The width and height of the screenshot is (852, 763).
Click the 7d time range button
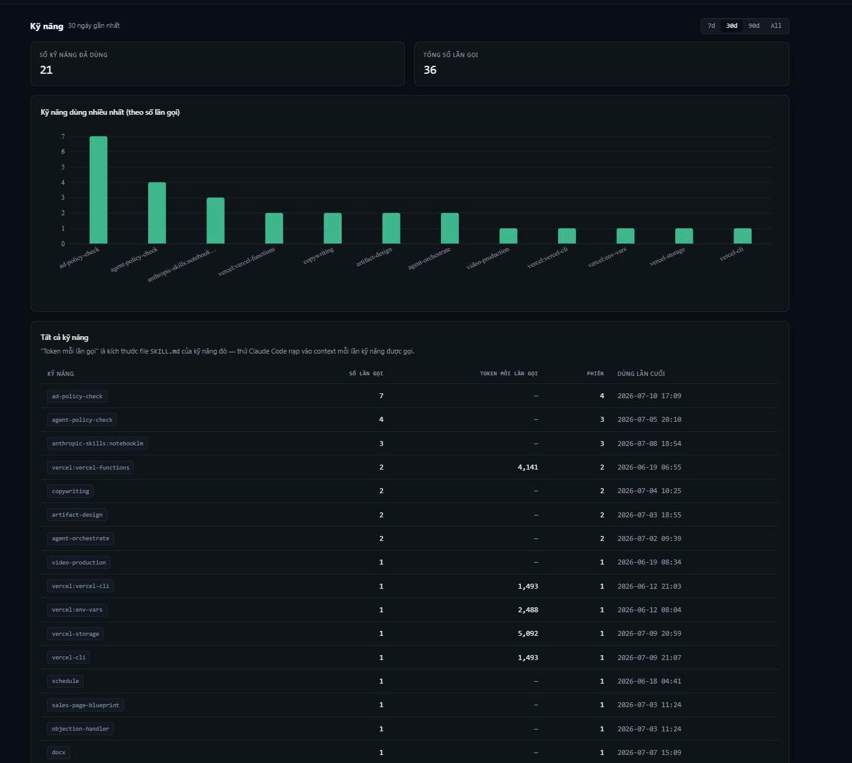711,25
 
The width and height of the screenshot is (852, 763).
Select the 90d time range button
753,25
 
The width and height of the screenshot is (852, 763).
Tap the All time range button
776,25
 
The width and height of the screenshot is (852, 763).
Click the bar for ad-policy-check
99,190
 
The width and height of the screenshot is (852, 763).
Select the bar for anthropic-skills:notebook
215,220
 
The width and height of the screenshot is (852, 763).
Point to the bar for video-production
508,236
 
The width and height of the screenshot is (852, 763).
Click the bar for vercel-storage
684,236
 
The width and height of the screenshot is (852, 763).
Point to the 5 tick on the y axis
63,167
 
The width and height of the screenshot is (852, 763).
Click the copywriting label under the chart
318,256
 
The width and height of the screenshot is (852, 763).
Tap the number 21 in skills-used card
47,70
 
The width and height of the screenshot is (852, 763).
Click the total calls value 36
430,70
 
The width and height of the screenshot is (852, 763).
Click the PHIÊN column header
595,373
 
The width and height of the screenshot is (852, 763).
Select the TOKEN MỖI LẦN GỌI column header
509,373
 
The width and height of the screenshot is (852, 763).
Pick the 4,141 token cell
528,467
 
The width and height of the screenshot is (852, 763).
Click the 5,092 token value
528,633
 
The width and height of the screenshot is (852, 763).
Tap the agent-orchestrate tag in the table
81,538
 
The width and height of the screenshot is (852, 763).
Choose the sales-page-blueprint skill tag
86,705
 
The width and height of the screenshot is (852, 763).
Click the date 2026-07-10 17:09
649,396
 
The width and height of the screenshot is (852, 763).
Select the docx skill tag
58,752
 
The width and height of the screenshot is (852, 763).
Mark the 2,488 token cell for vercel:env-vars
528,610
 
